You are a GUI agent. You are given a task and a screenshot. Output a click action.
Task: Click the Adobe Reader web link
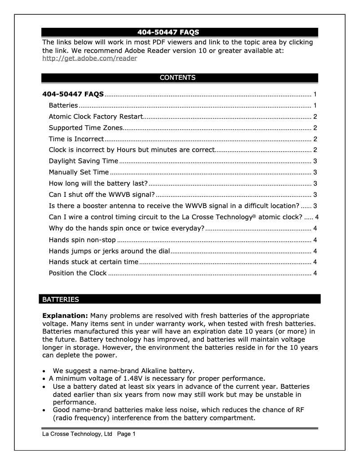coord(89,58)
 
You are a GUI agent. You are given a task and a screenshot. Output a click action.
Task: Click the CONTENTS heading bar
coord(180,78)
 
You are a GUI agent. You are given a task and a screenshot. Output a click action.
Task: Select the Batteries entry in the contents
coord(63,106)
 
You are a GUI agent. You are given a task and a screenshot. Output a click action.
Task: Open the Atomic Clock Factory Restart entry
coord(95,117)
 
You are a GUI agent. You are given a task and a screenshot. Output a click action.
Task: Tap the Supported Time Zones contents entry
coord(85,128)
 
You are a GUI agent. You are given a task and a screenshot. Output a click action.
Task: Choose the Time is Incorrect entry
coord(76,139)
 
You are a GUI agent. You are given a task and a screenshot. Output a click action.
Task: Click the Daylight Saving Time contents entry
coord(83,161)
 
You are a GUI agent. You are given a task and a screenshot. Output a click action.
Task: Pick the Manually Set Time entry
coord(79,172)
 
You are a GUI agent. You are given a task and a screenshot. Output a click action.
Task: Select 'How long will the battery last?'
coord(98,183)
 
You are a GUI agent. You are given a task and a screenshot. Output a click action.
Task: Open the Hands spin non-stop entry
coord(82,239)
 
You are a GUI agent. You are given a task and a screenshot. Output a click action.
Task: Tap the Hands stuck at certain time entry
coord(93,262)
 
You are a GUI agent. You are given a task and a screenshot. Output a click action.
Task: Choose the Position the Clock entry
coord(78,273)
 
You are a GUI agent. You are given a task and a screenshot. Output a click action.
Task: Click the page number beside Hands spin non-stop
coord(316,239)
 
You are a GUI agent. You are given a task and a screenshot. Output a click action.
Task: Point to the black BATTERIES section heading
coord(180,299)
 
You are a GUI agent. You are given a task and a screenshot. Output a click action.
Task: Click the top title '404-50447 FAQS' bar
coord(180,32)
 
